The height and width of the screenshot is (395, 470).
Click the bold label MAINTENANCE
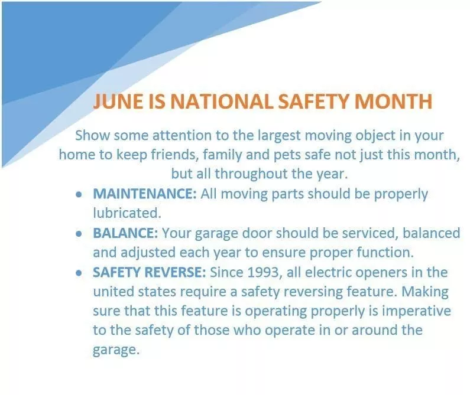tap(144, 194)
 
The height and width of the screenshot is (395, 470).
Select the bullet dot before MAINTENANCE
tap(79, 194)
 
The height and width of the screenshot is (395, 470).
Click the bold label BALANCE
tap(125, 233)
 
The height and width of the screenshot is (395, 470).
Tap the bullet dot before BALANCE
tap(79, 233)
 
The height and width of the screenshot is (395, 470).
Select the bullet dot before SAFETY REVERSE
tap(79, 273)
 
